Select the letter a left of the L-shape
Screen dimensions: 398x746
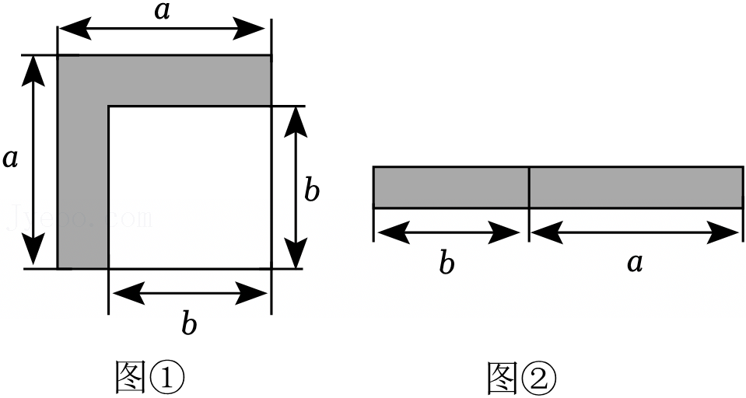coord(10,159)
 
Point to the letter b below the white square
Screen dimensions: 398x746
coord(189,322)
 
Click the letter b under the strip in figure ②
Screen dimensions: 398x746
coord(446,263)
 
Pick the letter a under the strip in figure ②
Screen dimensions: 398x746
coord(635,263)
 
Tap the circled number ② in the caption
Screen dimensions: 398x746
coord(538,377)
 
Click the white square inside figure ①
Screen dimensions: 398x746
coord(189,187)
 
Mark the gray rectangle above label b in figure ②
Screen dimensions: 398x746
coord(450,187)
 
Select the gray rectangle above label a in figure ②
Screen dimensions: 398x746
coord(636,187)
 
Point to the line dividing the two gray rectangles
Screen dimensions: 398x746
coord(529,187)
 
